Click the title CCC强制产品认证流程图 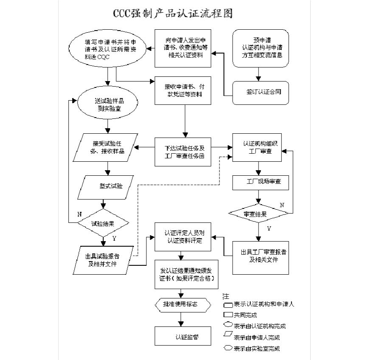tap(173, 14)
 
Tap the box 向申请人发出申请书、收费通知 tap(183, 48)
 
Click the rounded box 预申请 tap(260, 48)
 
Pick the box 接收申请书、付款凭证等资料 tap(183, 90)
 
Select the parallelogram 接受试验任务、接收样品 tap(108, 147)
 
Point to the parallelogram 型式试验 tap(108, 186)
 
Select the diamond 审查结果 tap(256, 214)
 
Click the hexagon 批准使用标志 tap(181, 304)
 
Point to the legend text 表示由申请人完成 tap(256, 337)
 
